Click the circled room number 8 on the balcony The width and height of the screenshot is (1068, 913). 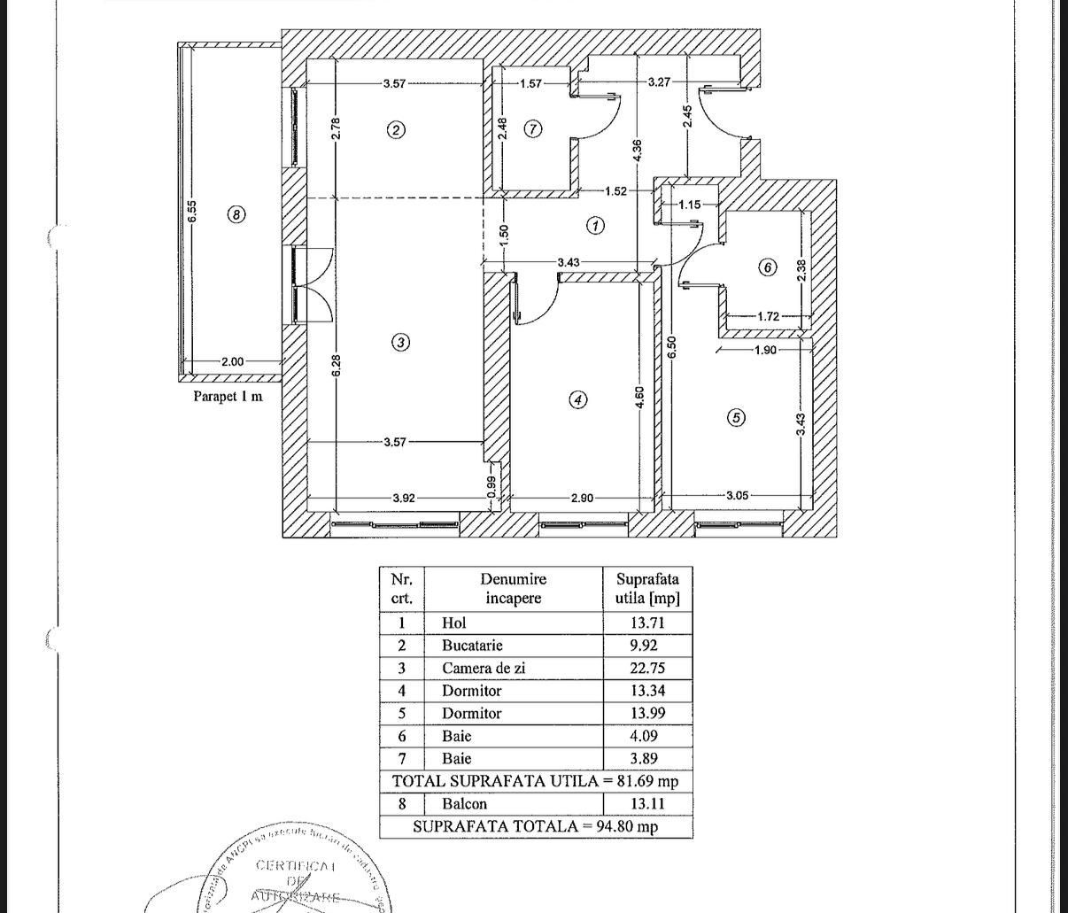click(236, 214)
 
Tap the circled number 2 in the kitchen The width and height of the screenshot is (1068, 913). click(396, 130)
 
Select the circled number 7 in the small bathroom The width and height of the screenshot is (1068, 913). click(532, 129)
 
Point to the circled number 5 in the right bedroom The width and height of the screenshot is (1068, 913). click(736, 418)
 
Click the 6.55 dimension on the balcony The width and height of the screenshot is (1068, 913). click(192, 212)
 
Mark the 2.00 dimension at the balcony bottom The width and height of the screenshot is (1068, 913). click(232, 361)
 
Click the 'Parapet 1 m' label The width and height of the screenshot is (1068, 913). click(228, 396)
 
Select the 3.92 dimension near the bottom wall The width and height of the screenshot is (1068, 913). click(403, 498)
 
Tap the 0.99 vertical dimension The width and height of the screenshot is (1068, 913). click(492, 487)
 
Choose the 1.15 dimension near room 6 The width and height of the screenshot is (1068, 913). click(689, 205)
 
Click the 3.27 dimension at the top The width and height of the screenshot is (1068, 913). click(659, 81)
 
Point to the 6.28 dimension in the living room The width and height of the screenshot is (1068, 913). click(336, 366)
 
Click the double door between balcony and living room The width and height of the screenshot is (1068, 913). click(310, 285)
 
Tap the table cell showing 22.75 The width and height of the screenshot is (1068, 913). click(646, 668)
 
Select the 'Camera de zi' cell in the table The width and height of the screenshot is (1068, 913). click(484, 668)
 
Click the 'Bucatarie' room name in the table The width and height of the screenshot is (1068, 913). click(472, 645)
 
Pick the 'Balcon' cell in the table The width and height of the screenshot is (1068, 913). click(464, 804)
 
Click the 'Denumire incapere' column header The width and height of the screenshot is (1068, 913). click(513, 588)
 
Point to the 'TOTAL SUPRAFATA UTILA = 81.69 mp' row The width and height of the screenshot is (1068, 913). click(535, 781)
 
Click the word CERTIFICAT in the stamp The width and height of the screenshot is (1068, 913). click(295, 865)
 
